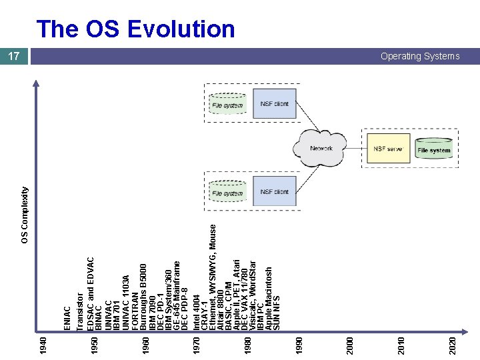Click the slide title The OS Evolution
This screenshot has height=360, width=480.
click(x=136, y=29)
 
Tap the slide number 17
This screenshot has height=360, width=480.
click(x=15, y=57)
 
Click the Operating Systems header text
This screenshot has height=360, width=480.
click(x=420, y=57)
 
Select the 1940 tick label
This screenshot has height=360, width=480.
click(x=43, y=345)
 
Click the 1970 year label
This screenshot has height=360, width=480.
click(x=196, y=345)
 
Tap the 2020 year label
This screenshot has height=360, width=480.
click(x=453, y=345)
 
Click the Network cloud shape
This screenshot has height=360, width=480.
click(x=321, y=148)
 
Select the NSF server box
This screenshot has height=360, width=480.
click(x=387, y=149)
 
